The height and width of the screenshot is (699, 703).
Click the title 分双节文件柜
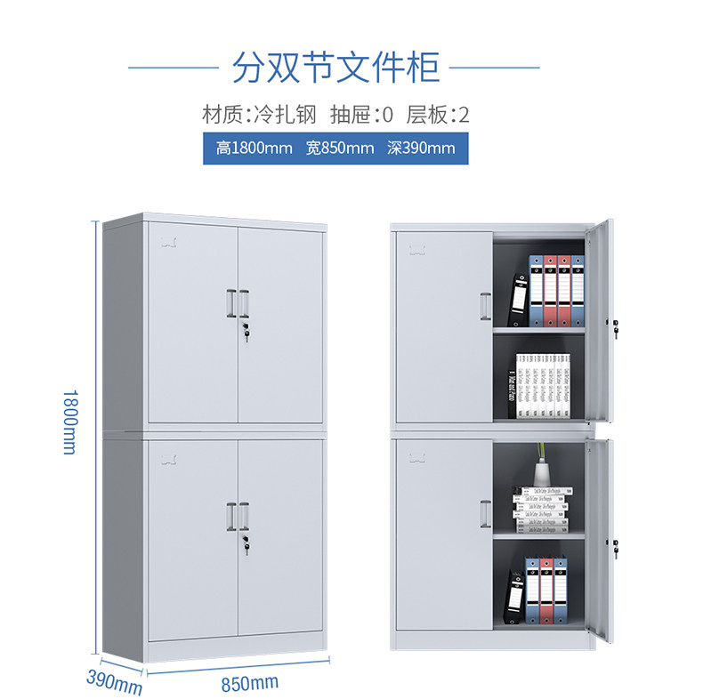(x=335, y=66)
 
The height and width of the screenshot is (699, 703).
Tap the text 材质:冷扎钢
(x=259, y=115)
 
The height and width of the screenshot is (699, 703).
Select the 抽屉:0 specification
(x=361, y=115)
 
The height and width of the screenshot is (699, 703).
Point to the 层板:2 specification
(x=437, y=115)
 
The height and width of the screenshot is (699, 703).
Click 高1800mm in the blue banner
(x=254, y=148)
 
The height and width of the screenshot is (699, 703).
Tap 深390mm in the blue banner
(x=421, y=148)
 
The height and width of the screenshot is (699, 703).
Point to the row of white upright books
(x=543, y=385)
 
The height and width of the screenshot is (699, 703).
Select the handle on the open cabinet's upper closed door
(x=485, y=306)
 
